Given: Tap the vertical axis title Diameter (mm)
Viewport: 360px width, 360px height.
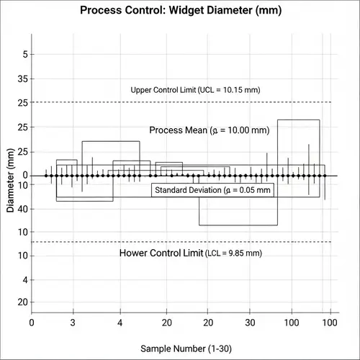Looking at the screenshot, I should pos(11,186).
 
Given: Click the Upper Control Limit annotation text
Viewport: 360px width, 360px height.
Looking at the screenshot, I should pos(195,90).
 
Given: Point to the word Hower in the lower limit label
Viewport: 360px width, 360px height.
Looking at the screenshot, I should pos(136,253).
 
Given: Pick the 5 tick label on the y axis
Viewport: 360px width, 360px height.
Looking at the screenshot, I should pos(24,55).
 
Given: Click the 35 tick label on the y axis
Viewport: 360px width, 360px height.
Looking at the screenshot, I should pos(22,78).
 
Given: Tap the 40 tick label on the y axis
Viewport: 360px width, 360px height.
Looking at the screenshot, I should pos(22,209).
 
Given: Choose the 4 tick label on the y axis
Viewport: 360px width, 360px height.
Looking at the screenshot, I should pos(24,279).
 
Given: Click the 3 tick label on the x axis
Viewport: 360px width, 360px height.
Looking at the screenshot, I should pos(73,322).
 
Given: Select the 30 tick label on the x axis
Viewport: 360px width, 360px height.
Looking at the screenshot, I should pos(250,322).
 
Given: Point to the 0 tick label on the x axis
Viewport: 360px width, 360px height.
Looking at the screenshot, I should pos(31,322).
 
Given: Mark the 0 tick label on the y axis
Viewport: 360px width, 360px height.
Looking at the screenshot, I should pos(24,175).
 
